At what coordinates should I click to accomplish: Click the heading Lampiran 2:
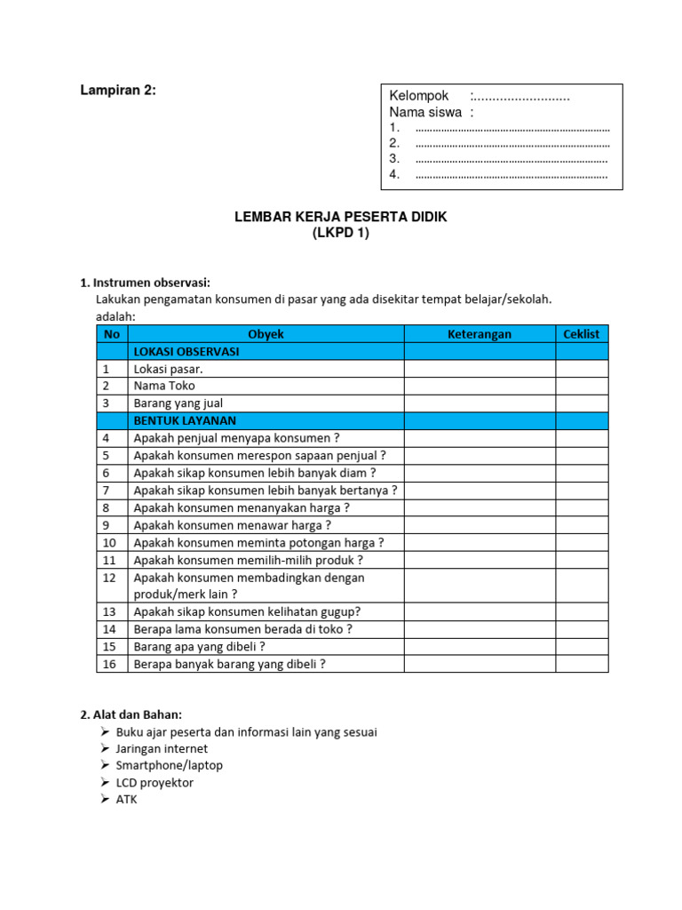pos(118,90)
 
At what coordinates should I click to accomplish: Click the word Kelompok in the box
pos(419,96)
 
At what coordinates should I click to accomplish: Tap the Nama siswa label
pos(425,113)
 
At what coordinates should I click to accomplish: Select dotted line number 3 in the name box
pos(511,159)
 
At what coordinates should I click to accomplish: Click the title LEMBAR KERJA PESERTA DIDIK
pos(340,217)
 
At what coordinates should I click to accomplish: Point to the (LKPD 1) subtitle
pos(340,234)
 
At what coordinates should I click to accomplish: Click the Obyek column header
pos(266,334)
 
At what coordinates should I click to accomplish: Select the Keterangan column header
pos(480,334)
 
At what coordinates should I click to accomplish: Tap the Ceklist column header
pos(582,334)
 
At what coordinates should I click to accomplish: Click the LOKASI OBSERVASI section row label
pos(186,352)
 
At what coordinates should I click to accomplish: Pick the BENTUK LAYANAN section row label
pos(185,420)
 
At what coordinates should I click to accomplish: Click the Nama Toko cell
pos(164,386)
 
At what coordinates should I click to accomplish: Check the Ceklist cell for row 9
pos(582,525)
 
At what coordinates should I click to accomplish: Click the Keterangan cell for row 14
pos(480,629)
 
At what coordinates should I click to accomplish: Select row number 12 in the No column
pos(110,578)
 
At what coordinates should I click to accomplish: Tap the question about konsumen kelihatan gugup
pos(247,611)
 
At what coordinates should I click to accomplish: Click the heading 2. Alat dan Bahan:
pos(132,714)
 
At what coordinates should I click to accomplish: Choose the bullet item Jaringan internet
pos(162,749)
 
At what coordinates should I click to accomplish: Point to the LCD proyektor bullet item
pos(155,783)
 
